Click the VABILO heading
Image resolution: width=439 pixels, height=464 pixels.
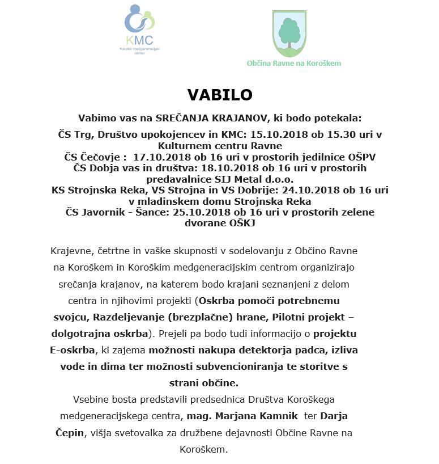[x=219, y=95]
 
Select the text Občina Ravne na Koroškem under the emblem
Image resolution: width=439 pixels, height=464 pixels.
[x=293, y=64]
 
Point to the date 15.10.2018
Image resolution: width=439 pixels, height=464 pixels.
[x=289, y=134]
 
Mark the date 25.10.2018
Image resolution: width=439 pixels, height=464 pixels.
[x=208, y=212]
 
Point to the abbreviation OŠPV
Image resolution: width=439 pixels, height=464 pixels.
[x=361, y=157]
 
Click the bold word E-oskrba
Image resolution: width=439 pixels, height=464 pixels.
[x=71, y=350]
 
